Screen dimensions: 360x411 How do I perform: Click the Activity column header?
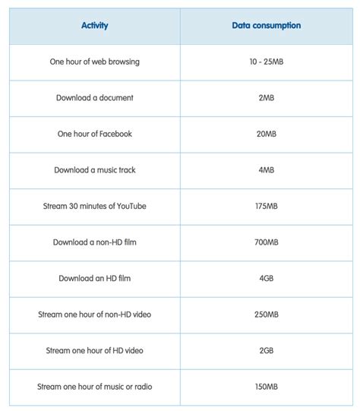(x=95, y=26)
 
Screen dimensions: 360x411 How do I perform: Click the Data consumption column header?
(x=266, y=26)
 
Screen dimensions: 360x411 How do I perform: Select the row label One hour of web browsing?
(x=95, y=62)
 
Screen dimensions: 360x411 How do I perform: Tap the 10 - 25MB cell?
(x=266, y=62)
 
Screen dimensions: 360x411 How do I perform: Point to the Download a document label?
(x=95, y=98)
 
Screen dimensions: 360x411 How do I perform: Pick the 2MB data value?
(x=266, y=98)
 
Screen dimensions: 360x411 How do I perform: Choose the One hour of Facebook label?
(x=95, y=134)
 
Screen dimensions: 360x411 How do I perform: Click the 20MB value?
(x=266, y=134)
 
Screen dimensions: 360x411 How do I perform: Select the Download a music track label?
(x=95, y=170)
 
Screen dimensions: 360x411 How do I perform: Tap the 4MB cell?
(x=266, y=170)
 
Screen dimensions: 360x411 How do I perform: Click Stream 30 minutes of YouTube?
(x=95, y=207)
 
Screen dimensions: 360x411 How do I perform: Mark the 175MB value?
(x=266, y=207)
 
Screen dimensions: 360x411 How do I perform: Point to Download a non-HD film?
(x=95, y=242)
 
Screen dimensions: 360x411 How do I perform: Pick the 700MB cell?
(x=266, y=242)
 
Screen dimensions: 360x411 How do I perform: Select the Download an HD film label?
(x=95, y=279)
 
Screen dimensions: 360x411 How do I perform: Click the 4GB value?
(x=266, y=279)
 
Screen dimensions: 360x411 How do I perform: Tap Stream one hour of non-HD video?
(x=95, y=315)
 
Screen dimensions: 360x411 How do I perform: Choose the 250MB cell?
(x=266, y=315)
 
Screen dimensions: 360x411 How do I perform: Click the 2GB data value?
(x=266, y=351)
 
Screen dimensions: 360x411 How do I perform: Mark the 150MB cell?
(x=266, y=387)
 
